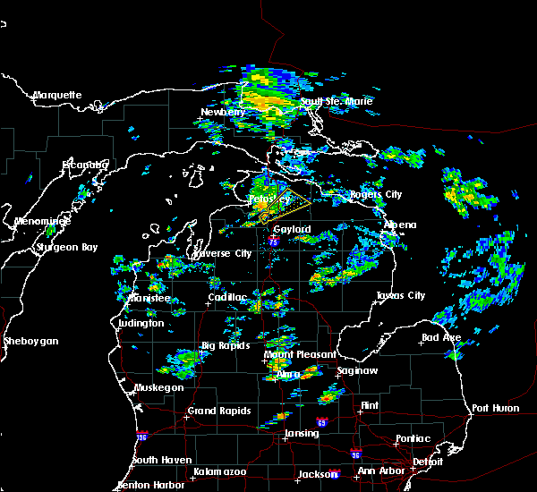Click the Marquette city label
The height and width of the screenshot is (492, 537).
57,95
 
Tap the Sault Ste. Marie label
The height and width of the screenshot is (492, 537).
337,101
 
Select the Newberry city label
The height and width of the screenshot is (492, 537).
222,112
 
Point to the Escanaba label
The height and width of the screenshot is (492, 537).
84,165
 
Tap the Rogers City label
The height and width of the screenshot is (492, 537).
376,194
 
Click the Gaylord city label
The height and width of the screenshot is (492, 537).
292,229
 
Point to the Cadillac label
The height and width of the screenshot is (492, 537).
228,297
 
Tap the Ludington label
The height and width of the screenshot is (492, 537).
141,323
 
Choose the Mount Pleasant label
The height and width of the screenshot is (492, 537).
291,355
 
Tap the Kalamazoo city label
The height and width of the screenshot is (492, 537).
220,471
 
